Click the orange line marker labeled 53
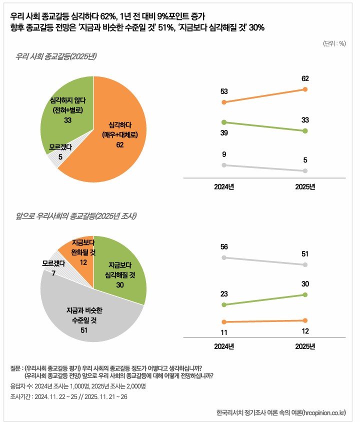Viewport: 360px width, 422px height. (224, 102)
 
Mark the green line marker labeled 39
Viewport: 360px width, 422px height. (224, 122)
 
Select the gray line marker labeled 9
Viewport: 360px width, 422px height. (224, 165)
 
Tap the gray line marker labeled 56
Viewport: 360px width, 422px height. (224, 257)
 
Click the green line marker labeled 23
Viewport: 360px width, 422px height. (224, 304)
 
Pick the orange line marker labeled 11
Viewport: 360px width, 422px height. (224, 322)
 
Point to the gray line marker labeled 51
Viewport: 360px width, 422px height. (305, 264)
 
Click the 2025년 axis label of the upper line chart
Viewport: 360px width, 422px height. (305, 187)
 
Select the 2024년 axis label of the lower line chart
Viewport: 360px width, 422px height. (224, 346)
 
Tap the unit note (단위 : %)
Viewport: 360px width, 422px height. (334, 43)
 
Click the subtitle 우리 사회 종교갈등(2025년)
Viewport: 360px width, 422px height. (55, 56)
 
